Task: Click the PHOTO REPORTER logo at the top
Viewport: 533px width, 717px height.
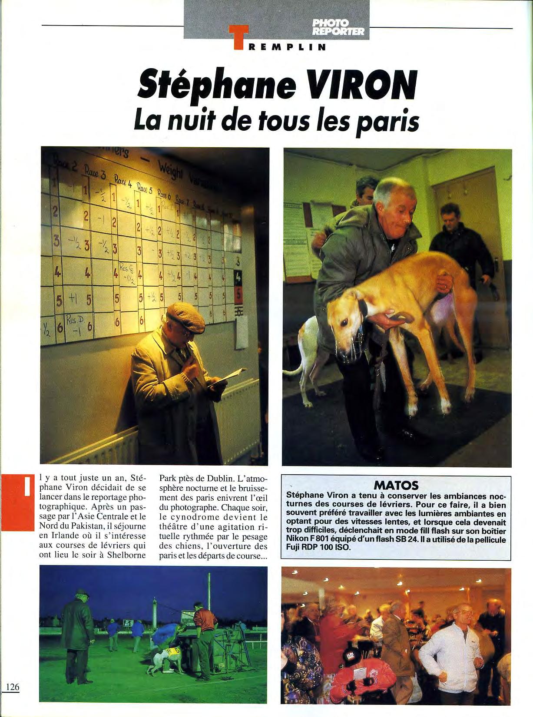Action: pos(338,27)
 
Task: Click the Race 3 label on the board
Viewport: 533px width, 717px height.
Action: pos(96,175)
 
